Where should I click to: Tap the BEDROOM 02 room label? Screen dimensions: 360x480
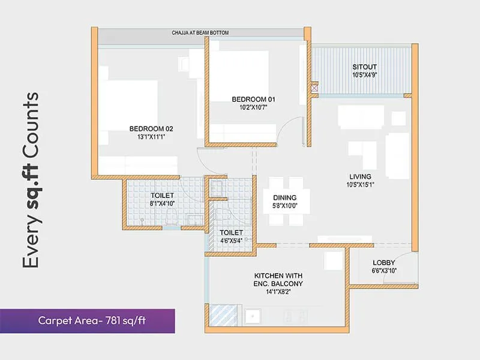coord(151,128)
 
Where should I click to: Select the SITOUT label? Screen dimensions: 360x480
coord(365,67)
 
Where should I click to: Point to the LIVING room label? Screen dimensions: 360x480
coord(361,176)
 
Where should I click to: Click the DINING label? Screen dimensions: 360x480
coord(284,197)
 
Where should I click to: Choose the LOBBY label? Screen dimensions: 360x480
coord(383,263)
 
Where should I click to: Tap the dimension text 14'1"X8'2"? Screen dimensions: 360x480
coord(278,292)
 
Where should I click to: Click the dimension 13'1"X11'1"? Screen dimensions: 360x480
coord(151,137)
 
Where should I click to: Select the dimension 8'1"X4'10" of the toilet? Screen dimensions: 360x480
coord(162,204)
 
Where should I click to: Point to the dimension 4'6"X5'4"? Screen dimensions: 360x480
coord(231,241)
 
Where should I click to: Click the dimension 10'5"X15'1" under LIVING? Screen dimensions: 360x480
coord(361,185)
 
